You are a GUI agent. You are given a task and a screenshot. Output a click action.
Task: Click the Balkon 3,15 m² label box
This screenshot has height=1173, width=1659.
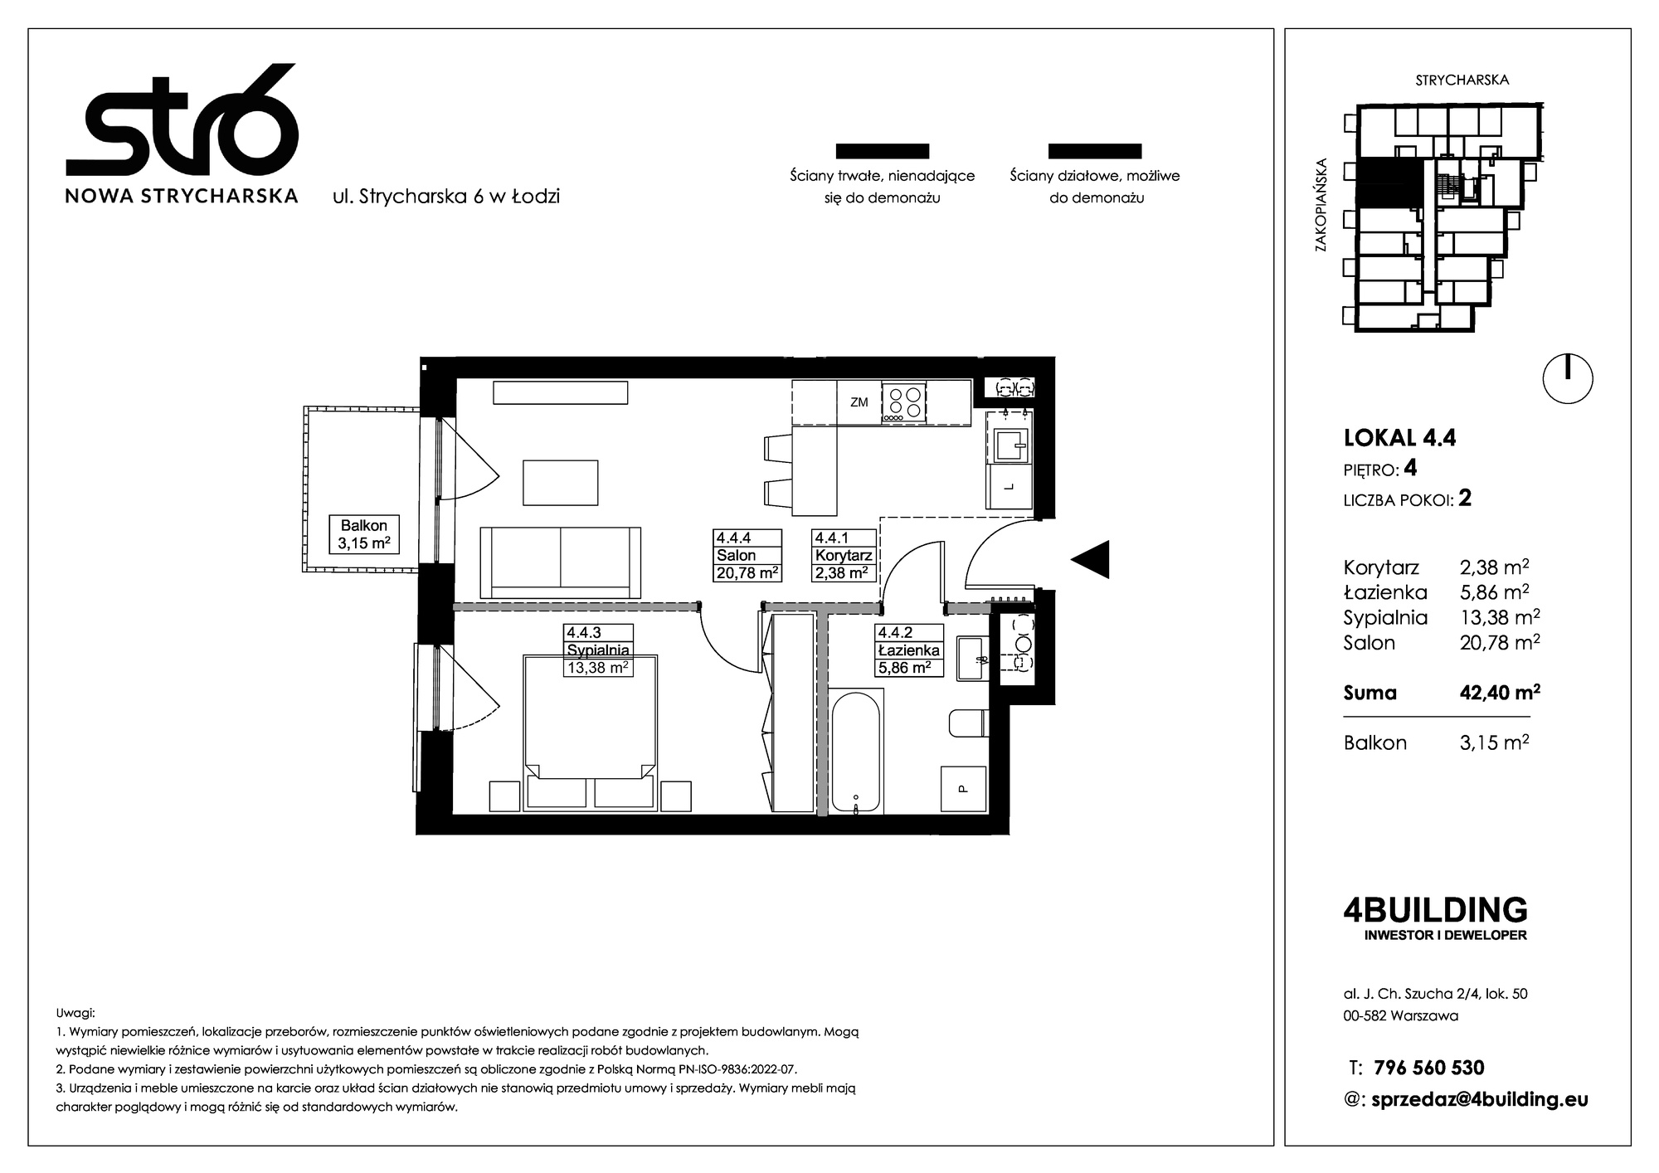click(363, 535)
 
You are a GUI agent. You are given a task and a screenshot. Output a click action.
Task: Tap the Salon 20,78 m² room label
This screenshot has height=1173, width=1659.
click(747, 555)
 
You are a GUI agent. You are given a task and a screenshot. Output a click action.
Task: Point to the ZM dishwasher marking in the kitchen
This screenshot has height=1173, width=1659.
click(859, 402)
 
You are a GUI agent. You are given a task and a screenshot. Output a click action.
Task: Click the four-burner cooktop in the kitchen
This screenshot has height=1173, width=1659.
click(903, 402)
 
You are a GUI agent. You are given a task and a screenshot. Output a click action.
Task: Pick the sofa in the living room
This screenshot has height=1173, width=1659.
click(561, 562)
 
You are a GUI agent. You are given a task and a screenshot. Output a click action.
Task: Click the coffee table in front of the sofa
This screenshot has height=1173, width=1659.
click(561, 483)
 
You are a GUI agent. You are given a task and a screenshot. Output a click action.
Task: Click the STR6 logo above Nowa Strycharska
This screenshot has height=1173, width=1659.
click(182, 119)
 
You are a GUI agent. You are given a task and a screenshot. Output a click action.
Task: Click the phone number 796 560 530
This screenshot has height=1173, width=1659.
click(1429, 1068)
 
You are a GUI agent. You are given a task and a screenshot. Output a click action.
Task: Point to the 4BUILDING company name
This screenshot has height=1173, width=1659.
click(1435, 910)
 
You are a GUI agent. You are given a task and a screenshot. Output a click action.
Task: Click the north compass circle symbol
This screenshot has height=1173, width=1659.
click(1568, 379)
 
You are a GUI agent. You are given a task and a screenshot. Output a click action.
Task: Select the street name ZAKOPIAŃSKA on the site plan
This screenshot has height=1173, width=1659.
click(1321, 205)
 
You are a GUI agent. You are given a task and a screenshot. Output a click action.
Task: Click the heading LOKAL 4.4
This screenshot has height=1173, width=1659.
click(1399, 437)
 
